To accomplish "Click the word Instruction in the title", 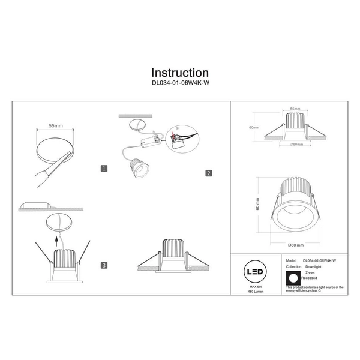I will pos(180,73).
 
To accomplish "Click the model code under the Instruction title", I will pos(180,85).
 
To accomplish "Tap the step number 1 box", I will pos(104,169).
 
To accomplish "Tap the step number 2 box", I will pos(208,173).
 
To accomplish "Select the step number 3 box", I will pos(104,265).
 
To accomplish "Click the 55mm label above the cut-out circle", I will pos(55,127).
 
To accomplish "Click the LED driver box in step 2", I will pos(146,143).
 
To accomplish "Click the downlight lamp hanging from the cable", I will pos(138,170).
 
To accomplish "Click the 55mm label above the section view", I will pos(295,109).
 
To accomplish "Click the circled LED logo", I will pos(256,272).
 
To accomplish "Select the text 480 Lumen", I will pos(256,293).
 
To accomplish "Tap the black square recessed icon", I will pos(292,278).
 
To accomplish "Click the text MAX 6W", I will pos(256,287).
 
